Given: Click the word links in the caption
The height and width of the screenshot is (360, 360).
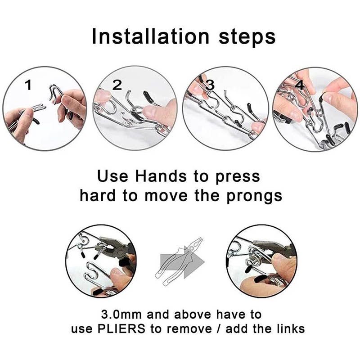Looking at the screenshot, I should [289, 328].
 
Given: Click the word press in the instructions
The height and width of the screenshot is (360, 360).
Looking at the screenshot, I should [238, 176].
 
